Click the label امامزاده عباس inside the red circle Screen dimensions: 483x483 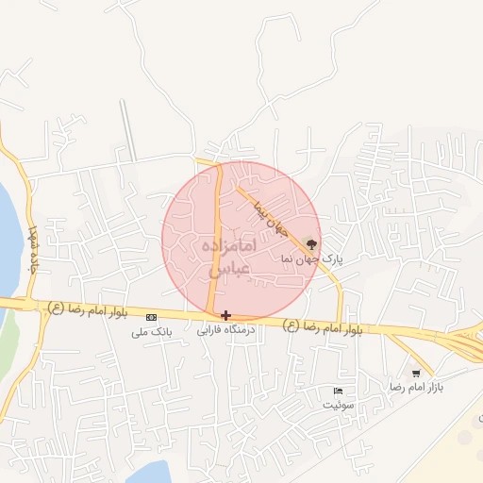tap(229, 257)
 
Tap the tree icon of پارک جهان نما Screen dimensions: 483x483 tap(312, 243)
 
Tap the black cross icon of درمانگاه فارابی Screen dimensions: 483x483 tap(225, 315)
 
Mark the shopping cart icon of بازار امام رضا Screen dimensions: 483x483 tap(416, 373)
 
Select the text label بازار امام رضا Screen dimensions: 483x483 tap(417, 388)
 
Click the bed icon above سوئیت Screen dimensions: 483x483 tap(338, 391)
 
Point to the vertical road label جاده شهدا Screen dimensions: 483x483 tap(34, 247)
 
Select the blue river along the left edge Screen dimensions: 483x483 tap(7, 236)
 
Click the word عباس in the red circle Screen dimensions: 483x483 tap(229, 268)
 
